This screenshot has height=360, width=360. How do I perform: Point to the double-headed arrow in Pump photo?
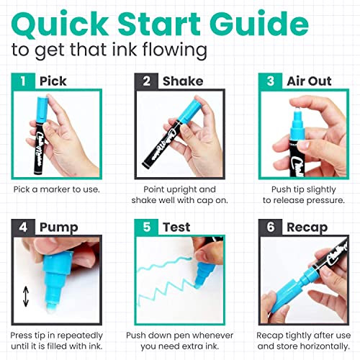[x=27, y=297]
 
